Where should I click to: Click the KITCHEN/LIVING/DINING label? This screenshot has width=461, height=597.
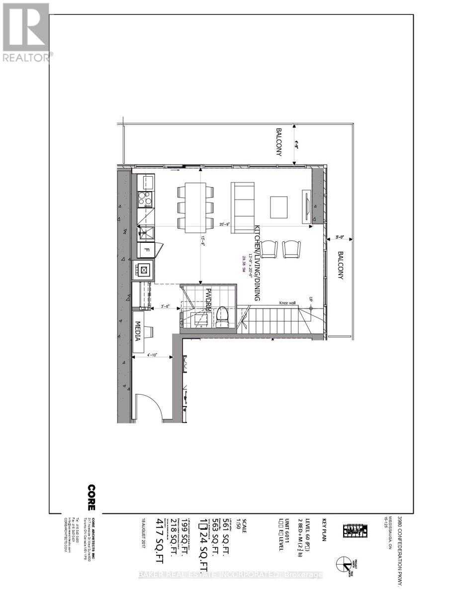tap(257, 264)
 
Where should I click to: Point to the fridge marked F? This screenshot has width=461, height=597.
tap(146, 249)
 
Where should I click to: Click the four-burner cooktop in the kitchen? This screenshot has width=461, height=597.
tap(146, 199)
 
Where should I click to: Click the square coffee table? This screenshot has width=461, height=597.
tap(279, 206)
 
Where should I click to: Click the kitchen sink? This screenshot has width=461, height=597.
tap(146, 232)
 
